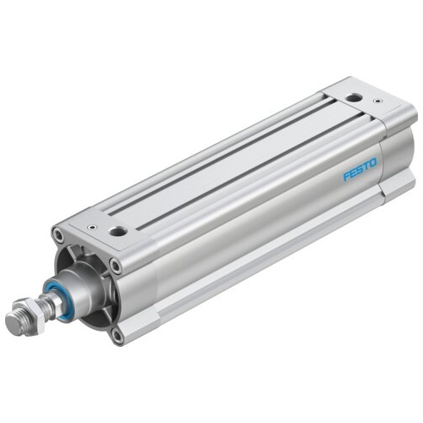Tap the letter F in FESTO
[x=346, y=177]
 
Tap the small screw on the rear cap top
[x=376, y=102]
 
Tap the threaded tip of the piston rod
[x=15, y=323]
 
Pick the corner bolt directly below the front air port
[x=114, y=265]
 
